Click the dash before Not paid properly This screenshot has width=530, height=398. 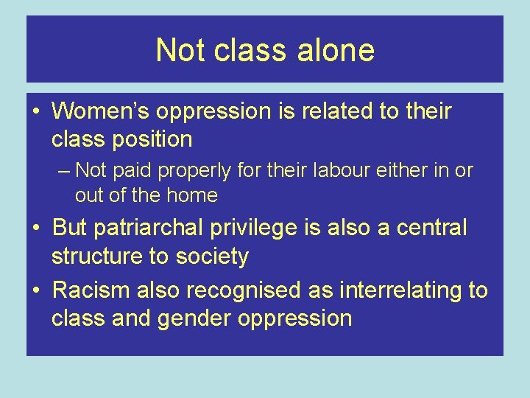point(64,170)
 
